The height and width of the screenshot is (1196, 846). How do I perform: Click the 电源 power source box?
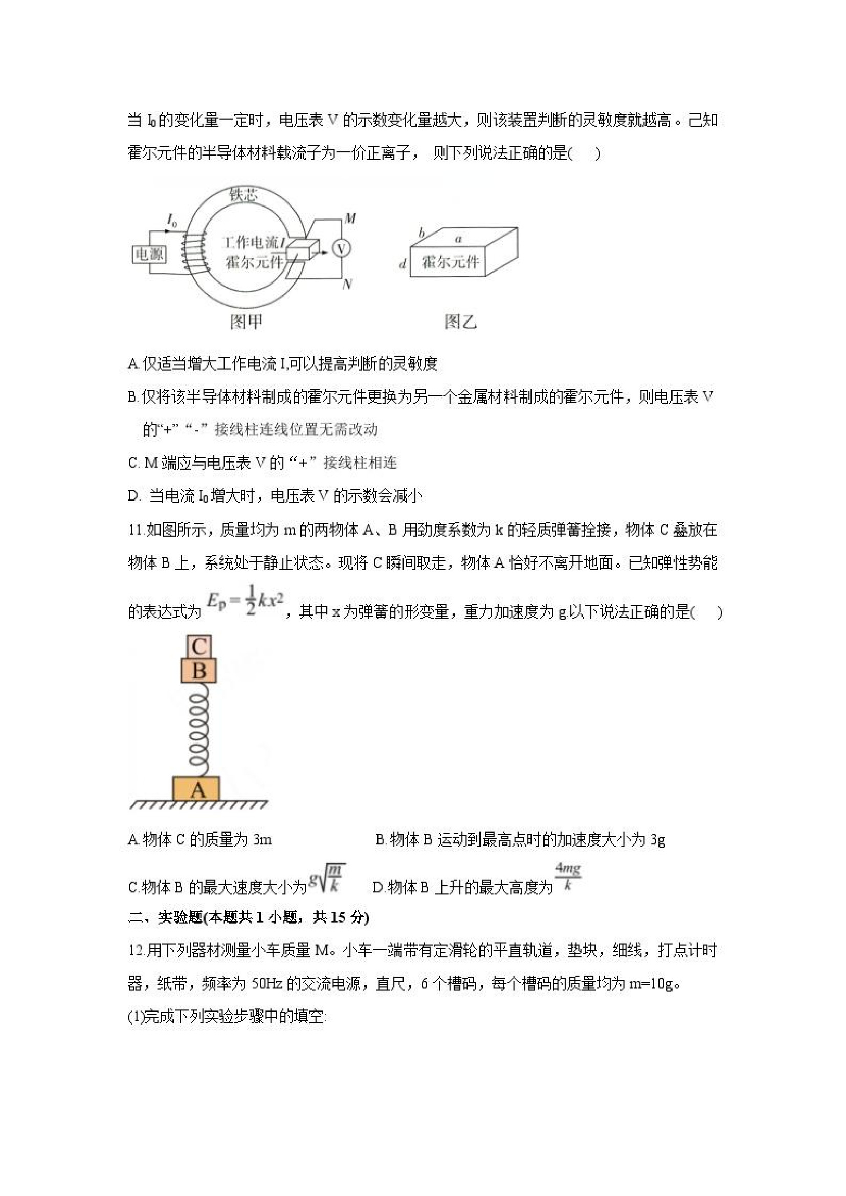click(x=149, y=254)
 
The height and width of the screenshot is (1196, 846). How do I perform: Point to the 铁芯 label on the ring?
click(x=243, y=195)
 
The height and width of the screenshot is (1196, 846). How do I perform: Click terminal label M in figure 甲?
click(x=350, y=219)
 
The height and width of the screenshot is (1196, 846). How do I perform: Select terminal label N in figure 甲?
click(x=348, y=284)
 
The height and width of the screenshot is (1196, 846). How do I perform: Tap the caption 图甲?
click(x=246, y=322)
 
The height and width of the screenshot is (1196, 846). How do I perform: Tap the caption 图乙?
click(x=461, y=322)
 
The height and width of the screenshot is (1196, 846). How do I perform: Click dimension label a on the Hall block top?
click(x=459, y=239)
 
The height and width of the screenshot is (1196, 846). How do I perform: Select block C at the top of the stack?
click(x=198, y=647)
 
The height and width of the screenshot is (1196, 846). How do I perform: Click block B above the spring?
click(x=198, y=671)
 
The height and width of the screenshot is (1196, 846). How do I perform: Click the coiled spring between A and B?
click(x=198, y=729)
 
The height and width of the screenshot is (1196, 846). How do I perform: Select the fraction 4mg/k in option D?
click(x=568, y=876)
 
